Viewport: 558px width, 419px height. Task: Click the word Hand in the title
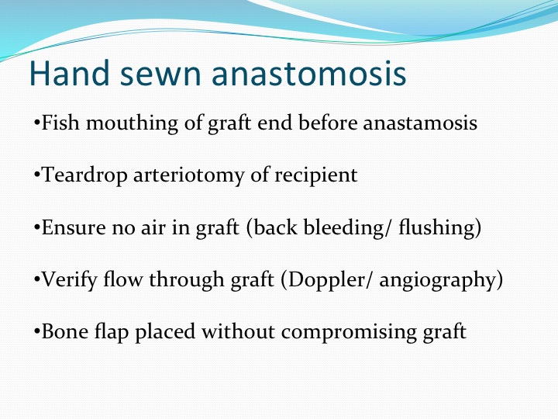(70, 73)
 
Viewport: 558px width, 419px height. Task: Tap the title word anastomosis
(309, 74)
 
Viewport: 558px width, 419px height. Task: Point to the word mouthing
(132, 123)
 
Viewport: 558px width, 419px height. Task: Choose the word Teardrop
(84, 175)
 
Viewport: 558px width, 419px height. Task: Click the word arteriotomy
(188, 175)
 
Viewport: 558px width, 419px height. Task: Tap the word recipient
(315, 175)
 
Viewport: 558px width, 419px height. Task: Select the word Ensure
(74, 227)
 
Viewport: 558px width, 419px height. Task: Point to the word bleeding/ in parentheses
(344, 227)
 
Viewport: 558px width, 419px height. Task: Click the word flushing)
(440, 228)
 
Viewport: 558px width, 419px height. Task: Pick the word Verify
(69, 280)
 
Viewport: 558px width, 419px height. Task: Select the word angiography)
(441, 280)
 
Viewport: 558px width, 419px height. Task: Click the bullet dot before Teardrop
(36, 175)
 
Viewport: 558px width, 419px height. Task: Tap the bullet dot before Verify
(36, 279)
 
